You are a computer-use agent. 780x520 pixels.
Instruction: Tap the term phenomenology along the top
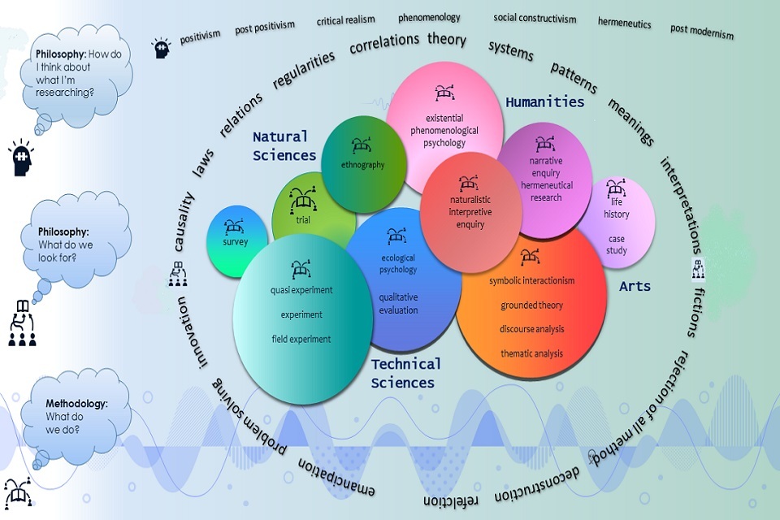[x=429, y=17]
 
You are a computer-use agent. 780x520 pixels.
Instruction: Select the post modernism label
[x=702, y=32]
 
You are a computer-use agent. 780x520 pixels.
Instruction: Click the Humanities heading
[x=544, y=102]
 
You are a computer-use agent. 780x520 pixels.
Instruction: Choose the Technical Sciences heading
[x=405, y=373]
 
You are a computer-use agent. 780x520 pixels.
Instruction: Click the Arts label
[x=635, y=287]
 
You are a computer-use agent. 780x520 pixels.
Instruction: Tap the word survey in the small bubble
[x=236, y=242]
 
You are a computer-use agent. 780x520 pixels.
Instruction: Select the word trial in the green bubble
[x=303, y=219]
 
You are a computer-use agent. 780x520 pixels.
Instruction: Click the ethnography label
[x=362, y=166]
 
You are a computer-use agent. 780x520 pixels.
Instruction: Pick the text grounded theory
[x=531, y=305]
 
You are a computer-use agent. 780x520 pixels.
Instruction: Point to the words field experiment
[x=301, y=339]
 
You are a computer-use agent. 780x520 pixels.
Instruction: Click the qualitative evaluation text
[x=398, y=303]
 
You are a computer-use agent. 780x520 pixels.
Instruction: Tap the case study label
[x=617, y=245]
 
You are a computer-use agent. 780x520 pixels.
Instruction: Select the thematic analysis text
[x=531, y=353]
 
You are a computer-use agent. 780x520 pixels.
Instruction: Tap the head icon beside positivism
[x=161, y=50]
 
